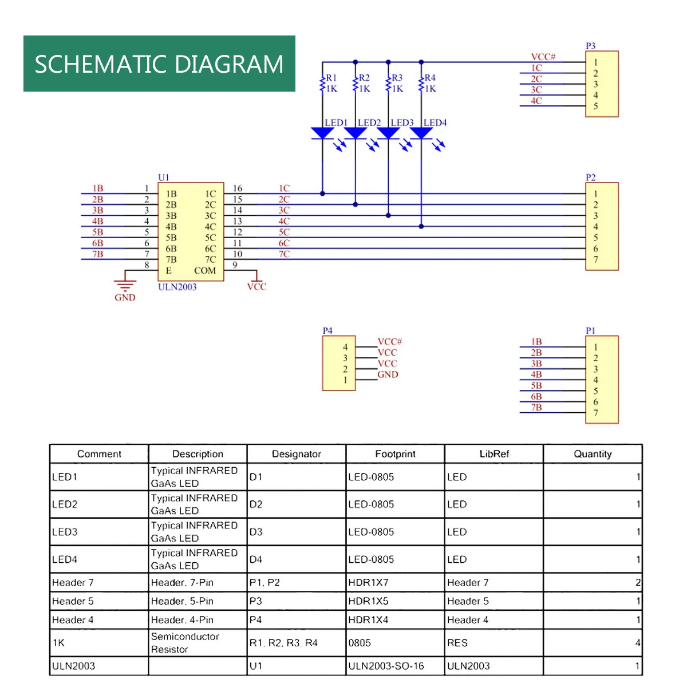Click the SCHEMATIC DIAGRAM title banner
(x=159, y=64)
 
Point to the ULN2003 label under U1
(x=177, y=287)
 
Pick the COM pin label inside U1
(x=205, y=270)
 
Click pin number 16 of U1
(x=237, y=188)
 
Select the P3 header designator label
(x=590, y=46)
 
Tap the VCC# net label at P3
(x=543, y=57)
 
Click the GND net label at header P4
(x=388, y=374)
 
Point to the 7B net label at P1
(x=536, y=408)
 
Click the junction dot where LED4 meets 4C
(x=421, y=227)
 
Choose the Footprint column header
(x=395, y=454)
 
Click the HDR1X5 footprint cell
(x=368, y=601)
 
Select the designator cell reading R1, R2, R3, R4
(x=283, y=643)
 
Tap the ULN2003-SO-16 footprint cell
(x=386, y=666)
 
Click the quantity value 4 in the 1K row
(x=638, y=643)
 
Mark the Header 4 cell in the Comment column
(x=73, y=620)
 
